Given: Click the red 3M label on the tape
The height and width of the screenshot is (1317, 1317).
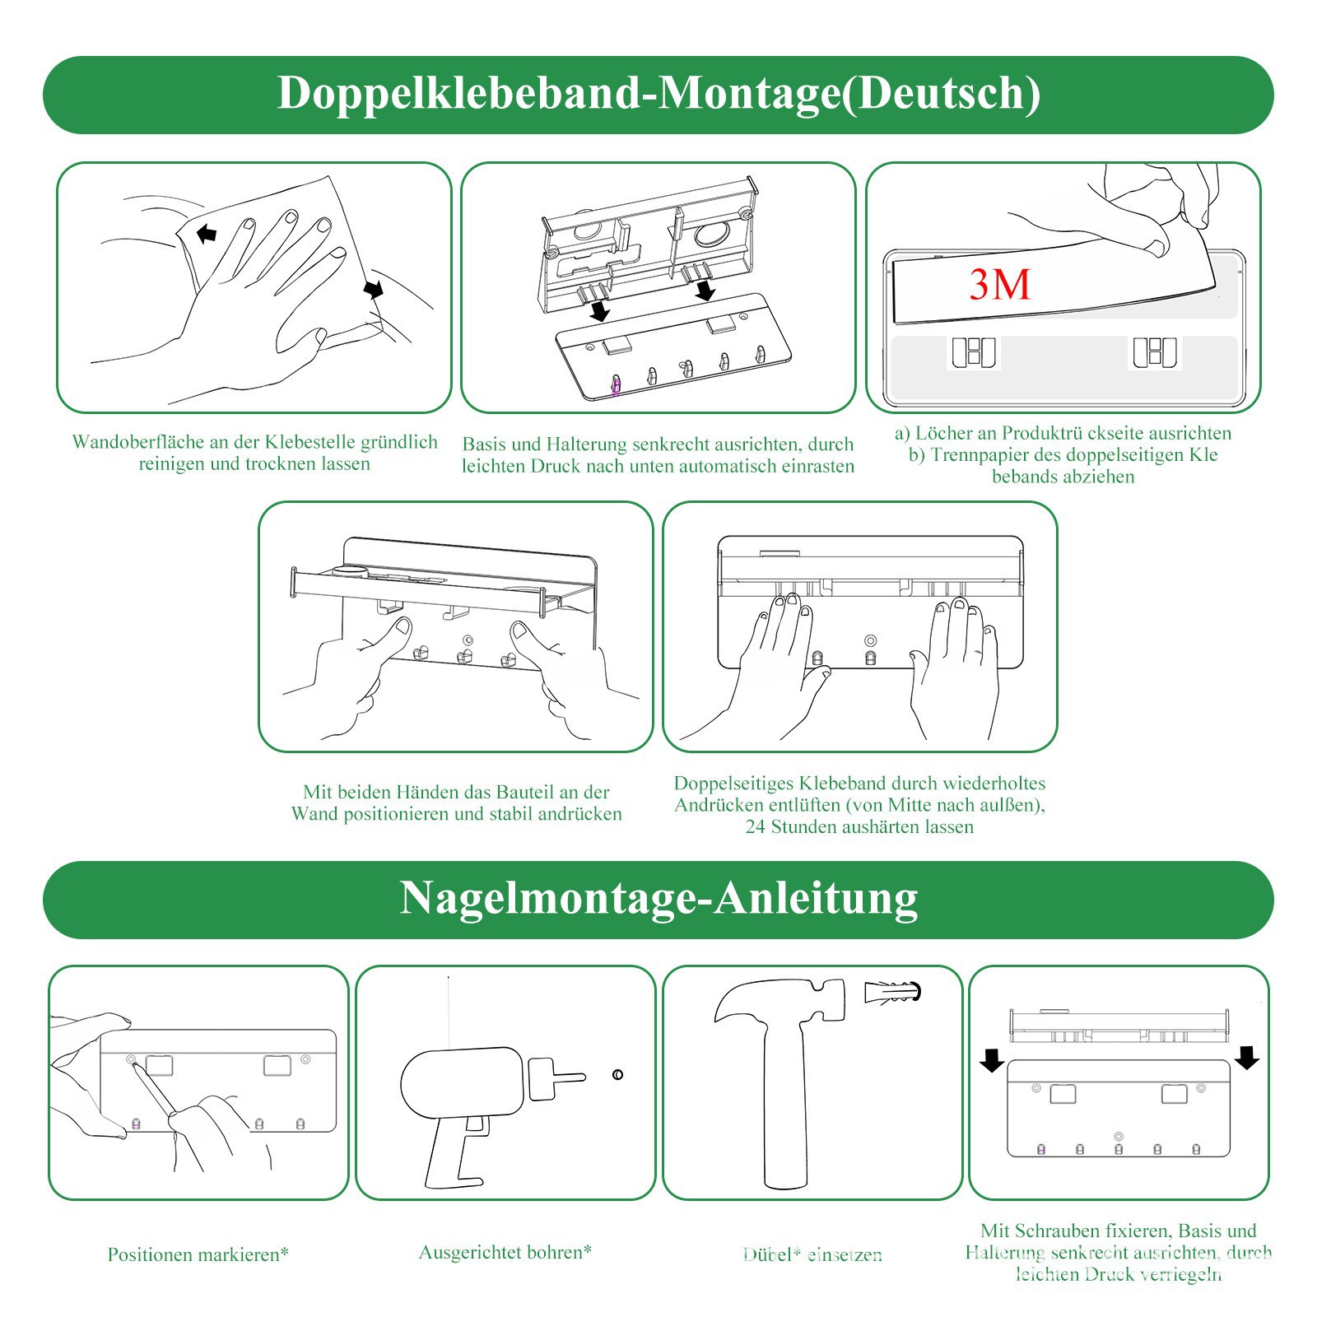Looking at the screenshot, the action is coord(999,284).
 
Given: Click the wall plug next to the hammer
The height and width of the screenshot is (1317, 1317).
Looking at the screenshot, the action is coord(892,992).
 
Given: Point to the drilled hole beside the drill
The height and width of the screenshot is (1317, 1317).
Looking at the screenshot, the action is coord(617,1074).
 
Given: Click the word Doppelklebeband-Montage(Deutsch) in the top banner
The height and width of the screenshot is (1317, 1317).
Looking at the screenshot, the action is coord(658,92).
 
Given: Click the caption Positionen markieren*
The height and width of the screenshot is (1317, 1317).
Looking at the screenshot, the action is coord(198,1254).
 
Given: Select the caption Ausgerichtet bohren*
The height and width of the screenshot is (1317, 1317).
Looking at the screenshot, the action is coord(505,1252).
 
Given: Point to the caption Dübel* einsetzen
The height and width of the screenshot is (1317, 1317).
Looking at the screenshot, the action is coord(812,1254).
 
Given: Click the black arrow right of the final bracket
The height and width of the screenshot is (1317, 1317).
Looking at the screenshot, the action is coord(1247,1057).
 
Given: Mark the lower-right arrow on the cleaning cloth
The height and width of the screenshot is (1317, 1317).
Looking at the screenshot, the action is coord(374,289).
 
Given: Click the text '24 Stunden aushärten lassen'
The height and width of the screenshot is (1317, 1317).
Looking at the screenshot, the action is coord(859,826).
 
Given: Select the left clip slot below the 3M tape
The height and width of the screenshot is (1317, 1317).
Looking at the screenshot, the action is coord(974,352).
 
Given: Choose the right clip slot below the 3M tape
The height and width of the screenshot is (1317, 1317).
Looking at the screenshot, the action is coord(1154,352).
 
